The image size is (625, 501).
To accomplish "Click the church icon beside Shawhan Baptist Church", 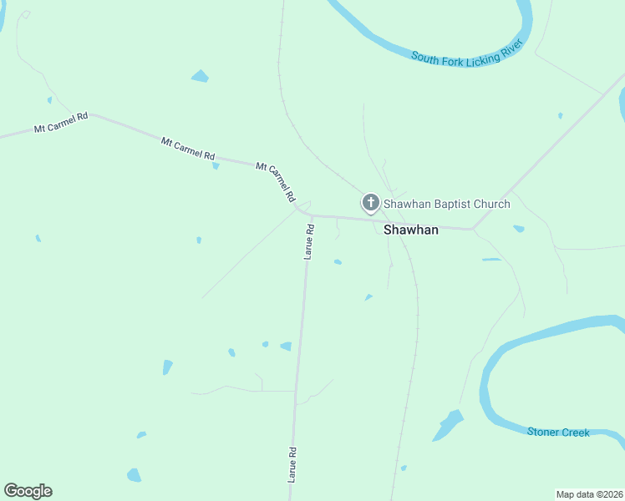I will coord(370,203).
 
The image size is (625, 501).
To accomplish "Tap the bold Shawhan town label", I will coord(410,230).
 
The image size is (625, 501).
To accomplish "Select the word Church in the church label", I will coord(491,204).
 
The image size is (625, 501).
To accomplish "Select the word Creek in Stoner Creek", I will coord(576,432).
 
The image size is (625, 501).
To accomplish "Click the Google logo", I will coord(28,491).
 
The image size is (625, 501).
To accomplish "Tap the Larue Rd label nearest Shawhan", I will coord(307,242).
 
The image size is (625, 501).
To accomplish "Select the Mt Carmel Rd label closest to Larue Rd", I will coord(277,182).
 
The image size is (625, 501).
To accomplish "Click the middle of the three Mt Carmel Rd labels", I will coord(188,149).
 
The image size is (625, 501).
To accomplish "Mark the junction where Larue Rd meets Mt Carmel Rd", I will coord(311,215).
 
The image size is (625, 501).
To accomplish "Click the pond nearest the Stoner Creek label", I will coord(448,425).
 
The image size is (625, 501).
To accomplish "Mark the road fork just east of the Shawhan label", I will coord(472,228).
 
